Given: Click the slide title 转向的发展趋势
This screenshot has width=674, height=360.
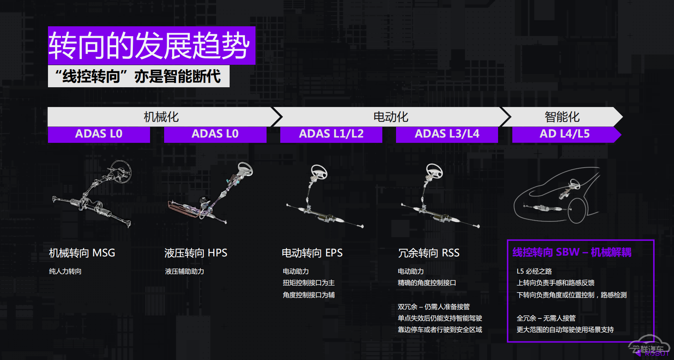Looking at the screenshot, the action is coord(149,45).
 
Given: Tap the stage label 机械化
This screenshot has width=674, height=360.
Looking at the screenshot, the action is coord(161,117).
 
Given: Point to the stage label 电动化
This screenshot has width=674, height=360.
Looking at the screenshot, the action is coord(391,117).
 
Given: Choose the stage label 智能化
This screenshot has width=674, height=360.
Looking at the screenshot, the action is coord(562,117).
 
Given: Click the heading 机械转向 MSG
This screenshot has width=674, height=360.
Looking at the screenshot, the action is coord(82,253).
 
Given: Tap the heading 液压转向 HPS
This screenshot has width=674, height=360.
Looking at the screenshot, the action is coord(196,253).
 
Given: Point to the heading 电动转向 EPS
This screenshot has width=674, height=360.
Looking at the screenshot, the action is coord(312,253).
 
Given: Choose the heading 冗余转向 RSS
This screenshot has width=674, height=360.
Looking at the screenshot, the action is coord(429,253).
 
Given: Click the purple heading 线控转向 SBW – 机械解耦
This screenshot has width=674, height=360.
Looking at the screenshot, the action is coord(572,252).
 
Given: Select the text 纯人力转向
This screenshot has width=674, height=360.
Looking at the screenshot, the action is coord(65,271).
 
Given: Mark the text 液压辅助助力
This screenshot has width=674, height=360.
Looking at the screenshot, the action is coord(185,271).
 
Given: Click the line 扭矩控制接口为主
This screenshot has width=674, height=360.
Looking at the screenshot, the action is coord(309,283).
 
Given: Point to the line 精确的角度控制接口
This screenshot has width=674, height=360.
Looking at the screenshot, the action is coord(427,283).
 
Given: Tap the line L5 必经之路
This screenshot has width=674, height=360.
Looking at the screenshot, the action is coord(534,271).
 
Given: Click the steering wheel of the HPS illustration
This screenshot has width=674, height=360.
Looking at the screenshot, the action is coord(245,169).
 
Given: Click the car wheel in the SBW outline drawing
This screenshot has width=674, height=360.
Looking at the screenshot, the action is coord(577,210).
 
